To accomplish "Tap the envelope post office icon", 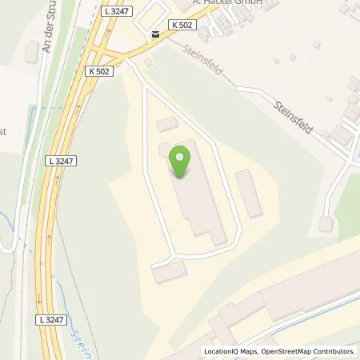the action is click(x=154, y=34).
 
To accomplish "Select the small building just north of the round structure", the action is click(x=167, y=124).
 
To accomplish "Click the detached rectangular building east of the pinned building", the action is click(x=250, y=193).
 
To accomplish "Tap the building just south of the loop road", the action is click(x=168, y=273).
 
